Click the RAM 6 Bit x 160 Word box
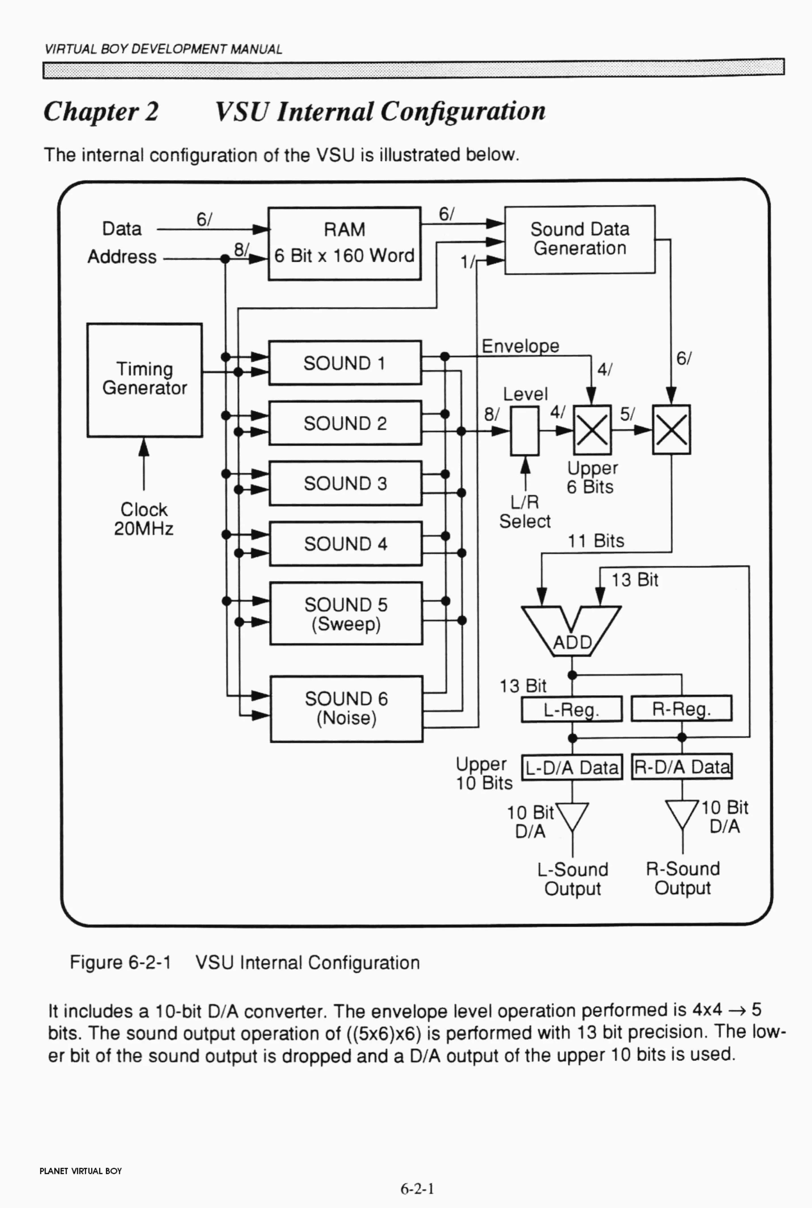[x=344, y=243]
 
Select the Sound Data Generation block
[x=580, y=239]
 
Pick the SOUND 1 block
[x=345, y=363]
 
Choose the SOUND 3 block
[x=345, y=483]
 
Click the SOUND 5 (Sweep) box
[x=346, y=614]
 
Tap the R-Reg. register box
[x=682, y=708]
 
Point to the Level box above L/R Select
[x=525, y=430]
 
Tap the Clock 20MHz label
[x=144, y=519]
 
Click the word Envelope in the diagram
[x=521, y=346]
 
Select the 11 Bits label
[x=596, y=541]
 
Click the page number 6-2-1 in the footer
[x=417, y=1188]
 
